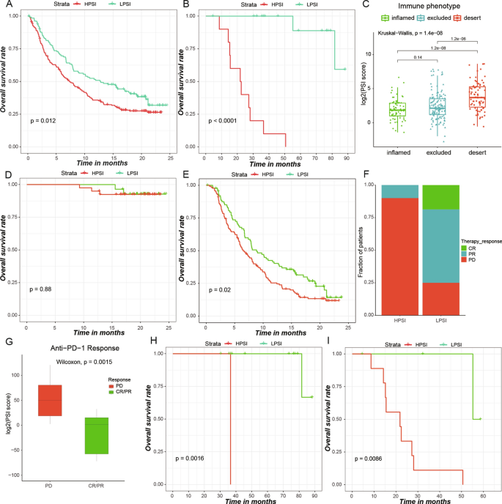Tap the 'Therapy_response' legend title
click(x=477, y=240)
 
